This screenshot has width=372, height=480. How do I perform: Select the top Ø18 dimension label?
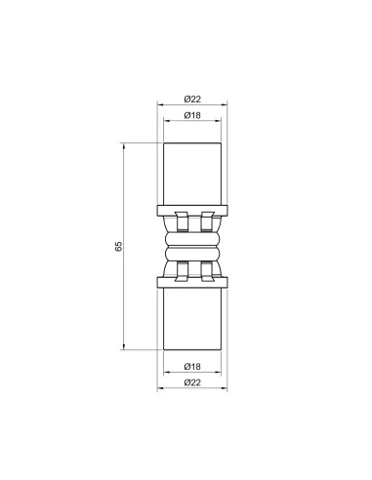192,117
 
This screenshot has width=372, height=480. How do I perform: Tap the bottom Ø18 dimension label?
192,367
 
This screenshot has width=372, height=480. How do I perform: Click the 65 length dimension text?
118,245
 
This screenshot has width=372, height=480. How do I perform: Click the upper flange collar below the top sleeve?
192,209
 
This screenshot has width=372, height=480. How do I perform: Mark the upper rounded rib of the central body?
192,235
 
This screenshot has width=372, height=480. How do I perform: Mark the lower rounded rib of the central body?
192,255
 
